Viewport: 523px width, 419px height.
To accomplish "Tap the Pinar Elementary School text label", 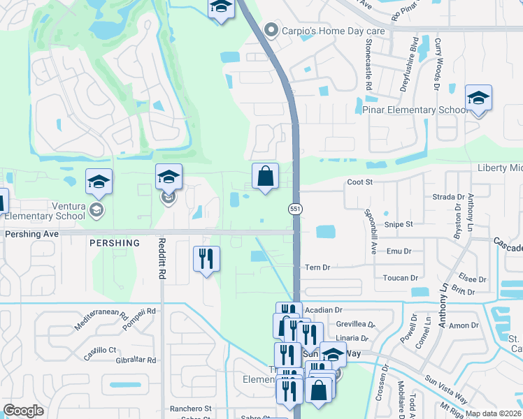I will (415, 110).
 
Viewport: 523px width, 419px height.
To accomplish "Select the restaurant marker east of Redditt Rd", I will (206, 259).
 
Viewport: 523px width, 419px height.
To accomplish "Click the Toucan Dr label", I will (400, 278).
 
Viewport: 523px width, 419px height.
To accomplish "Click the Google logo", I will (23, 411).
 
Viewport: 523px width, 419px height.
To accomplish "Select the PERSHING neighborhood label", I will (115, 243).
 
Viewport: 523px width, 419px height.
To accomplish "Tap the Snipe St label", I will (399, 224).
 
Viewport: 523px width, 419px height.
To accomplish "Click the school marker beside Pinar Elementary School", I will (478, 98).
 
